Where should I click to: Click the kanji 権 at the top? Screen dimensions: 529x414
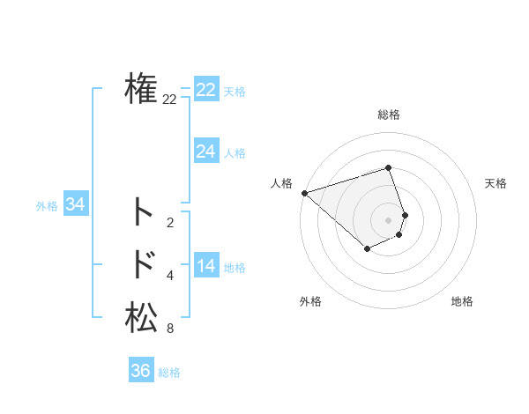pyautogui.click(x=141, y=89)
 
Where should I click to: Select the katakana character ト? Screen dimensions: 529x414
pyautogui.click(x=142, y=212)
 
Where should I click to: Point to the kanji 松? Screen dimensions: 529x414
pyautogui.click(x=141, y=317)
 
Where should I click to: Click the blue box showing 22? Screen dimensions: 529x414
pyautogui.click(x=206, y=90)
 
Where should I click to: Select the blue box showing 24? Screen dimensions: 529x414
pyautogui.click(x=206, y=152)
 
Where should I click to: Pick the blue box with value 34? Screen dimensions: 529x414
pyautogui.click(x=76, y=204)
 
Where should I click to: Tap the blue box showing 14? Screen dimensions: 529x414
pyautogui.click(x=206, y=266)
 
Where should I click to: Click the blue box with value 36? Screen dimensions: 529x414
pyautogui.click(x=141, y=371)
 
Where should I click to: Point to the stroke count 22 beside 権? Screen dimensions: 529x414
pyautogui.click(x=169, y=100)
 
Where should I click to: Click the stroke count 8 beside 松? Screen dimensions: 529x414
pyautogui.click(x=169, y=329)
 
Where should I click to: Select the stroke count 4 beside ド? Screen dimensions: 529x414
pyautogui.click(x=169, y=277)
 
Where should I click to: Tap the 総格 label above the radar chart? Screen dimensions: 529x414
pyautogui.click(x=389, y=115)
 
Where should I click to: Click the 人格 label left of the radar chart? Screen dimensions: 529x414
pyautogui.click(x=281, y=183)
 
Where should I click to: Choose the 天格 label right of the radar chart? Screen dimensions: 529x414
pyautogui.click(x=495, y=183)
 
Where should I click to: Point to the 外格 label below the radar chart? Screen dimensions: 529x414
pyautogui.click(x=310, y=301)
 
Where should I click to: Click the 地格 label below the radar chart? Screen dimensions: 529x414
pyautogui.click(x=462, y=301)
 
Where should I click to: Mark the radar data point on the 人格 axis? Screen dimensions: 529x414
pyautogui.click(x=304, y=192)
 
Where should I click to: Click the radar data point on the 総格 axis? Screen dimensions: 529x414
pyautogui.click(x=389, y=167)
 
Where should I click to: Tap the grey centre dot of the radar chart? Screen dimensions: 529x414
pyautogui.click(x=389, y=219)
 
